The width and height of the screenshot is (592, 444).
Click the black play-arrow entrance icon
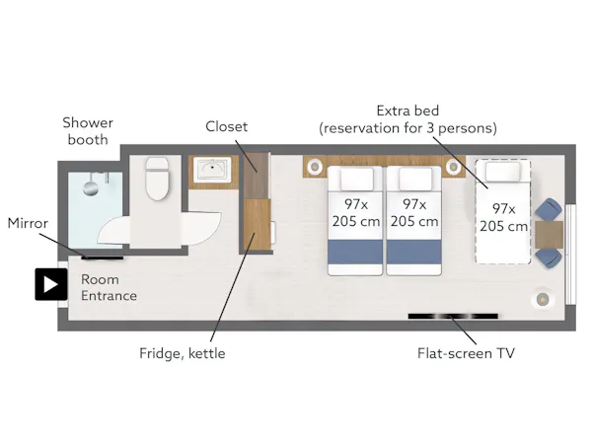tap(51, 284)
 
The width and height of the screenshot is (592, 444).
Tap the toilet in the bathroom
tap(157, 179)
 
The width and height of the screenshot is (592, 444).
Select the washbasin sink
tap(212, 169)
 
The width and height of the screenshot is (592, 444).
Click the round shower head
tap(91, 187)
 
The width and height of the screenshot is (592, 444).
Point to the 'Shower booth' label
tap(88, 131)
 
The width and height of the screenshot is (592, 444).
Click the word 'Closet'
tap(227, 126)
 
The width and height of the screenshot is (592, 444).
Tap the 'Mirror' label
tap(28, 223)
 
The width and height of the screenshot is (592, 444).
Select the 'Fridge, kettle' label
tap(182, 353)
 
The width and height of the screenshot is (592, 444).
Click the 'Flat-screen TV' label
tap(466, 353)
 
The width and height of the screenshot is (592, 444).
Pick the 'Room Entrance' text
tap(109, 287)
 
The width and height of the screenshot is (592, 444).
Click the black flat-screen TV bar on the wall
tap(453, 317)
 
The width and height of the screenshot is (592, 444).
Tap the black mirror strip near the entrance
tap(103, 258)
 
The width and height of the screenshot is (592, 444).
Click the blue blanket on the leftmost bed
tap(355, 252)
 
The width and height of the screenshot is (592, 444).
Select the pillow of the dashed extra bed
tap(502, 172)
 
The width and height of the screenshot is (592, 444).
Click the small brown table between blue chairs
tap(549, 235)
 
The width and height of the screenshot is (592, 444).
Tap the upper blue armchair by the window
tap(549, 209)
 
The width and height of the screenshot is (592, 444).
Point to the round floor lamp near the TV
tap(542, 299)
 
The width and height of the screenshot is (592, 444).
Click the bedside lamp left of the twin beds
tap(314, 166)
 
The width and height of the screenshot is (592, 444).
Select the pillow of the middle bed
tap(415, 179)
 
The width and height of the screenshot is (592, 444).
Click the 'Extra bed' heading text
tap(407, 111)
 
